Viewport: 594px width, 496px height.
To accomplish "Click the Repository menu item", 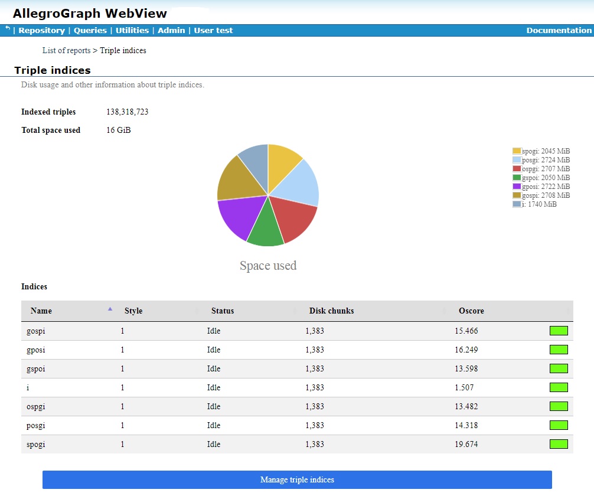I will point(41,30).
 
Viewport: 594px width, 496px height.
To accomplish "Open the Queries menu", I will point(90,30).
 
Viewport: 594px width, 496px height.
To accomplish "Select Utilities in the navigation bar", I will point(132,30).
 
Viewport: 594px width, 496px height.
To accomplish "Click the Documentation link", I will point(559,30).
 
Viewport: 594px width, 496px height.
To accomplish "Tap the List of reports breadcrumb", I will point(66,51).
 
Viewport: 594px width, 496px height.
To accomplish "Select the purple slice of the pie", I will point(237,216).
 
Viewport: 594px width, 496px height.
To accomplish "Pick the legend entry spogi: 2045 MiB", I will point(541,151).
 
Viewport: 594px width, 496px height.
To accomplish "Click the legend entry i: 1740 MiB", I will point(534,204).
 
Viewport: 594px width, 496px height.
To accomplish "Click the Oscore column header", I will point(471,311).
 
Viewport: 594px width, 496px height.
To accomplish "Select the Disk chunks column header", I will point(331,311).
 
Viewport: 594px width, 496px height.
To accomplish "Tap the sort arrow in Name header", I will point(110,309).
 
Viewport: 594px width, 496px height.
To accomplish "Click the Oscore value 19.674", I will point(466,445).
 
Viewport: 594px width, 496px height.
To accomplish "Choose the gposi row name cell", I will point(36,350).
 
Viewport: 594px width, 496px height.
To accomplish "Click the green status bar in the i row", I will point(559,387).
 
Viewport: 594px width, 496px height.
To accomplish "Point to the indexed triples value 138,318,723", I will point(127,112).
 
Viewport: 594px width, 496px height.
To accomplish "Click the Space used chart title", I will point(268,266).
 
